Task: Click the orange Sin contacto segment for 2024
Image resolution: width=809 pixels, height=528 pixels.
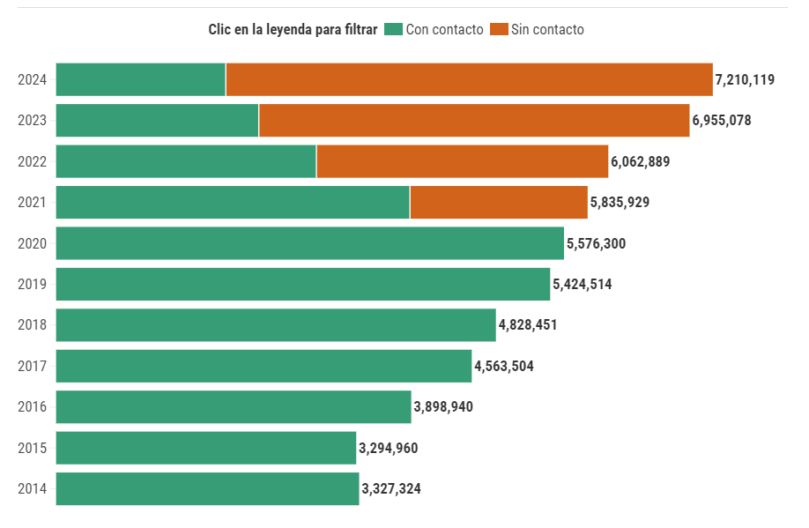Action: (469, 79)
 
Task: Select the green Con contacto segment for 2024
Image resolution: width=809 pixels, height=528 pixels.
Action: (141, 79)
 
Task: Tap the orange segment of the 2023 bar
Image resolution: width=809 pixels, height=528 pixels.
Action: (474, 120)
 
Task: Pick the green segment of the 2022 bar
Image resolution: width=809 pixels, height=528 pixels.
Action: (186, 161)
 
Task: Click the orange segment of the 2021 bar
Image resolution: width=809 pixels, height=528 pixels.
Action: (499, 202)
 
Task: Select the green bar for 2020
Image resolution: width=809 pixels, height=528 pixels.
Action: (309, 243)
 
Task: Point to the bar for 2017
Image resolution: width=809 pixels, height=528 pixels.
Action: (263, 366)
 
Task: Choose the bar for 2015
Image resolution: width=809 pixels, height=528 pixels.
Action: (205, 448)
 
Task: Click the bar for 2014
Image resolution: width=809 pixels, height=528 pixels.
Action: (207, 488)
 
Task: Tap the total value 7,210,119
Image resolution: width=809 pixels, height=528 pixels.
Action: (745, 79)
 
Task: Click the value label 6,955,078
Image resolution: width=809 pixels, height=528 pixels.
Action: (722, 120)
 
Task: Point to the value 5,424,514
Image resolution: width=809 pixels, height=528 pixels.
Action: (582, 284)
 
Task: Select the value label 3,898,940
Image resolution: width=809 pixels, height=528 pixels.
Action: (443, 406)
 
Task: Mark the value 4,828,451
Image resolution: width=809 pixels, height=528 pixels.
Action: (528, 325)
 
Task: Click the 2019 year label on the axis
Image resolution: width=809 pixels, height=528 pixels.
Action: (33, 284)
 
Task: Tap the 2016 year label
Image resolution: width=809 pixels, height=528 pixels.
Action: (33, 406)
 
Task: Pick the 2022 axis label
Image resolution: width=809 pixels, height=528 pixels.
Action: (33, 161)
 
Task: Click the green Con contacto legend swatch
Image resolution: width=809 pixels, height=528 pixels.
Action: (393, 29)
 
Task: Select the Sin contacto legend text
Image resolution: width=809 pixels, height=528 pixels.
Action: (547, 29)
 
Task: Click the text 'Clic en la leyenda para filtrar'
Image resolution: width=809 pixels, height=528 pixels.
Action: (293, 29)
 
